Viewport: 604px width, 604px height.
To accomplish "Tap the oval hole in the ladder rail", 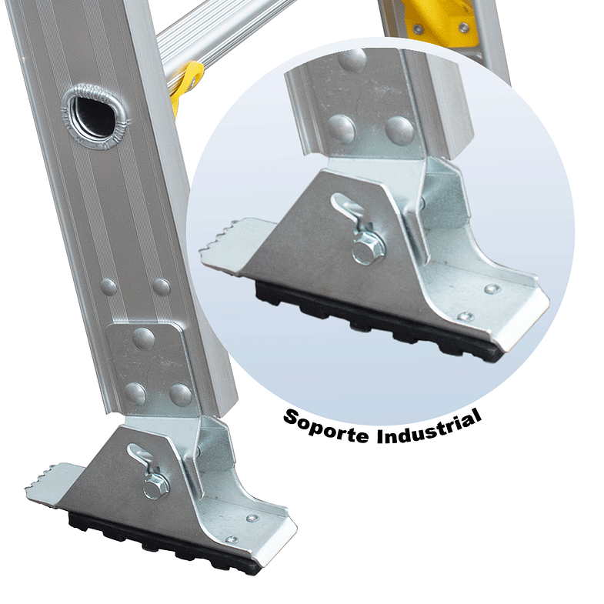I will [x=93, y=112].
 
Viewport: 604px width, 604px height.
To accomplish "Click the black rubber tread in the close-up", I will [x=369, y=319].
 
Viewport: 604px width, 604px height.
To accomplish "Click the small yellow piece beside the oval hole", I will [x=185, y=85].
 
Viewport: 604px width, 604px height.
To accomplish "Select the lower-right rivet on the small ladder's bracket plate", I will [x=180, y=395].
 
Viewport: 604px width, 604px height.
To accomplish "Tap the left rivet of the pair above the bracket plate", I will [x=108, y=287].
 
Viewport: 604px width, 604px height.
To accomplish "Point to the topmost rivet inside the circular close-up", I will [x=352, y=62].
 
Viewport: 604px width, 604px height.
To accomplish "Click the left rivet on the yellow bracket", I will [x=417, y=28].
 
